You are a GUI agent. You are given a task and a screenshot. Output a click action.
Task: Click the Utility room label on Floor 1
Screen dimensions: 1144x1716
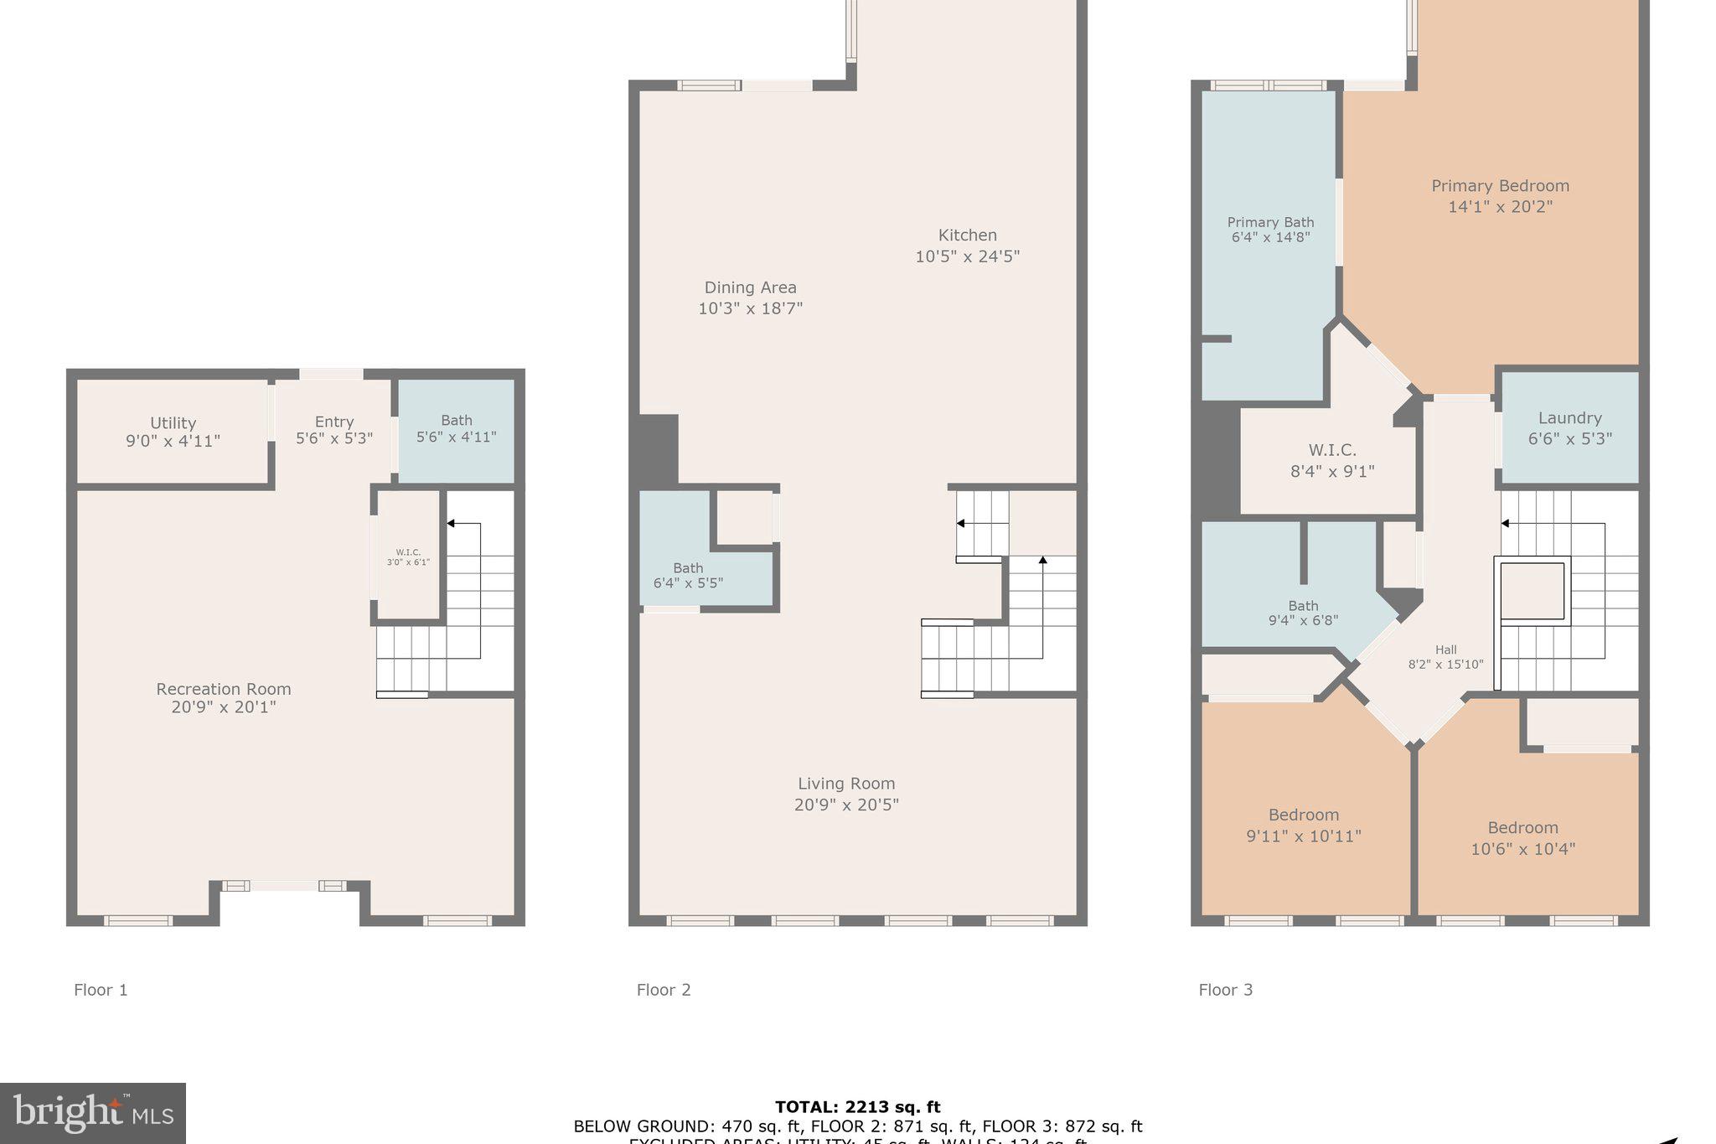(173, 423)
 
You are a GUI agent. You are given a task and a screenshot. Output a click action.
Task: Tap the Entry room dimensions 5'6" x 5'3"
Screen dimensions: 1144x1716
(333, 438)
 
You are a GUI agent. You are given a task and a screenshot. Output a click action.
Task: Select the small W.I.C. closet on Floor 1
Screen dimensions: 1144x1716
(408, 557)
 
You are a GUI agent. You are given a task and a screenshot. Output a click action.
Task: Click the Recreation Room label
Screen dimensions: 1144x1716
(224, 689)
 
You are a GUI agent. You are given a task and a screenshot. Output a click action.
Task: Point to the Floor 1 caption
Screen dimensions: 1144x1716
(101, 990)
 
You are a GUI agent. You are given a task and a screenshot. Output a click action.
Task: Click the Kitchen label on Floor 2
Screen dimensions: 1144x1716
(967, 236)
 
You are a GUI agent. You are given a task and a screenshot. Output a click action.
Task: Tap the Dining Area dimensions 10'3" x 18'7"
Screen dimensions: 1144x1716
(750, 308)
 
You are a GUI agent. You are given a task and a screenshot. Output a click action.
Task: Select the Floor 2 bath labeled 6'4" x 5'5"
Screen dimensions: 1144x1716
(688, 576)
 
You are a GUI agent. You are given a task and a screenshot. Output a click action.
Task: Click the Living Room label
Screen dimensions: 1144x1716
(846, 784)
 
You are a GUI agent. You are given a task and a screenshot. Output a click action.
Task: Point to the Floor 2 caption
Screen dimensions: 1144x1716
(664, 990)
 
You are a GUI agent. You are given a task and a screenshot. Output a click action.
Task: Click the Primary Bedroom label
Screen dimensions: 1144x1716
(1500, 186)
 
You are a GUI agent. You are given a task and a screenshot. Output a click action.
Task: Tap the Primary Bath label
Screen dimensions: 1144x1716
(1270, 222)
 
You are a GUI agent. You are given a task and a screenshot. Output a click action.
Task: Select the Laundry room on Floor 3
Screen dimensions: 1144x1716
(1569, 427)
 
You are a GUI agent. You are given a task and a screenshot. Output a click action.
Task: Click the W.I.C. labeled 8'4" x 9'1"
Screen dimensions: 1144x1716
(1332, 461)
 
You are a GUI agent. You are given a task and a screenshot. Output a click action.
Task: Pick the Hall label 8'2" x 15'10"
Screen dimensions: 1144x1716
(1445, 657)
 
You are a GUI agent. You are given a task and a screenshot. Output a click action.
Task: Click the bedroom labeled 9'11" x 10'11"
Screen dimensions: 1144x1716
(1303, 826)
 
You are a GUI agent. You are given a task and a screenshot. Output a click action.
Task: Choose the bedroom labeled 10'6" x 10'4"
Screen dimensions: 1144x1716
(1522, 838)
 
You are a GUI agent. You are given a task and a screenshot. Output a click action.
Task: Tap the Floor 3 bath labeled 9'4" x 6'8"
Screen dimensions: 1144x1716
(1303, 613)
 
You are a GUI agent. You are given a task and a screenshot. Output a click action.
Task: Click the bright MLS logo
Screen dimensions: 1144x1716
(93, 1113)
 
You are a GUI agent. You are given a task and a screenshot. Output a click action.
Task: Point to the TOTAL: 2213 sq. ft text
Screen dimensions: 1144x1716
(857, 1107)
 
